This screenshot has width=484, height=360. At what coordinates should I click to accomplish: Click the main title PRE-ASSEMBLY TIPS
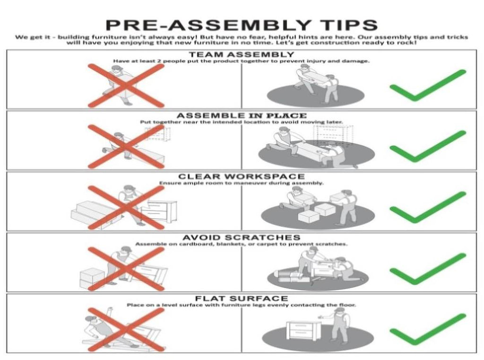click(242, 25)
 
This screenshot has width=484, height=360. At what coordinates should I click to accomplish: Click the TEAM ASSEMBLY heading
click(242, 54)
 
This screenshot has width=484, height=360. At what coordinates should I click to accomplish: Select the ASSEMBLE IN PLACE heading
click(242, 115)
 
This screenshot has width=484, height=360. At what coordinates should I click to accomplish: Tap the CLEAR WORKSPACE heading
click(242, 176)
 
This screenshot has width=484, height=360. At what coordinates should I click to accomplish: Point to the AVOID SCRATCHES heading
click(242, 237)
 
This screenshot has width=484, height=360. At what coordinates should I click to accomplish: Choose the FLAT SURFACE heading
click(242, 299)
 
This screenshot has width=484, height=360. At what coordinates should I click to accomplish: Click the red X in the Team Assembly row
click(126, 86)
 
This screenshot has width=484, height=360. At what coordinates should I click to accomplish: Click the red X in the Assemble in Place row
click(126, 147)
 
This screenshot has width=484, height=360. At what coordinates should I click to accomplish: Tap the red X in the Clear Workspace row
click(126, 207)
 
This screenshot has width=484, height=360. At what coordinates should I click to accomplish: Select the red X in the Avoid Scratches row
click(126, 269)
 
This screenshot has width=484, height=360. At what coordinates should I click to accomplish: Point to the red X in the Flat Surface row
click(126, 329)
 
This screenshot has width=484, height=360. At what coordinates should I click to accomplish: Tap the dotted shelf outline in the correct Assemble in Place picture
click(333, 134)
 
